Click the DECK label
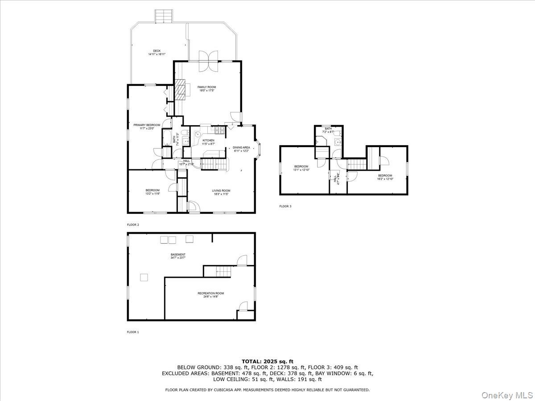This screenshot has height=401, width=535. click(157, 53)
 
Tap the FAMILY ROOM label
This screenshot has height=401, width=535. click(207, 88)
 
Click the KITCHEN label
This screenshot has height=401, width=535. click(208, 142)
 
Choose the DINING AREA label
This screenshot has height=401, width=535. click(241, 149)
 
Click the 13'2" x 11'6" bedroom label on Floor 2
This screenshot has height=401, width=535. click(152, 192)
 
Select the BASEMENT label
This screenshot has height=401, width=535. click(178, 256)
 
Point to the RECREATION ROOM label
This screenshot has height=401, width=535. click(211, 295)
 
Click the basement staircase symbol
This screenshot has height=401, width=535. click(221, 270)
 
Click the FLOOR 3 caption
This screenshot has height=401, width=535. click(285, 206)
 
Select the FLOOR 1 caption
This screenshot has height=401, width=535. click(133, 332)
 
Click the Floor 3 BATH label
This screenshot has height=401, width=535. click(328, 130)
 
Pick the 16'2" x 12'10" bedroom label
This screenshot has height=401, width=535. click(385, 177)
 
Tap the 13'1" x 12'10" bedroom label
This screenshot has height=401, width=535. click(301, 168)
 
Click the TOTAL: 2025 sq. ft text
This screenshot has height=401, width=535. click(267, 361)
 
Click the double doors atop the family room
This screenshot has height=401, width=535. click(208, 61)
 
